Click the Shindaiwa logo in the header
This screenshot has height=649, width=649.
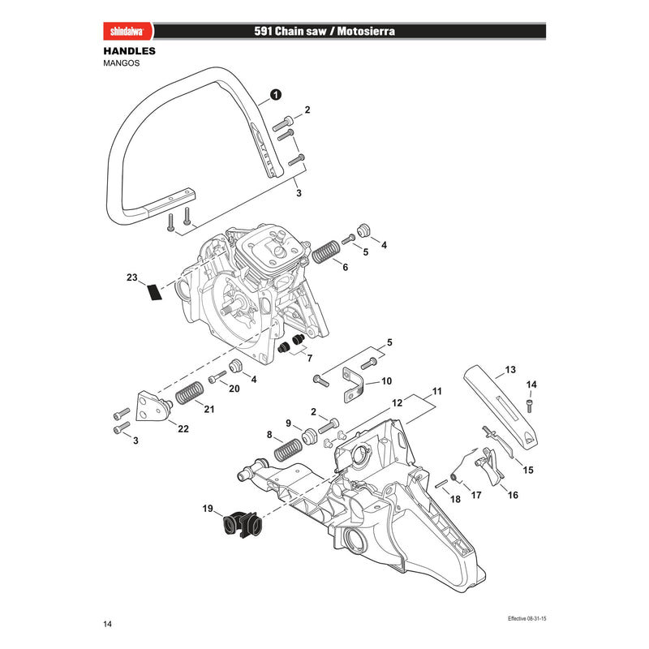click(127, 32)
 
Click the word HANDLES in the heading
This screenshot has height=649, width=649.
click(130, 51)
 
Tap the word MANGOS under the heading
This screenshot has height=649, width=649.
click(121, 63)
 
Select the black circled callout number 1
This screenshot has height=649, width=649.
click(276, 95)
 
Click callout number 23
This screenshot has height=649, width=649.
click(131, 277)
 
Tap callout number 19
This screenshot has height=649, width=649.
click(208, 509)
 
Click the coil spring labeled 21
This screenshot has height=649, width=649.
click(190, 393)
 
